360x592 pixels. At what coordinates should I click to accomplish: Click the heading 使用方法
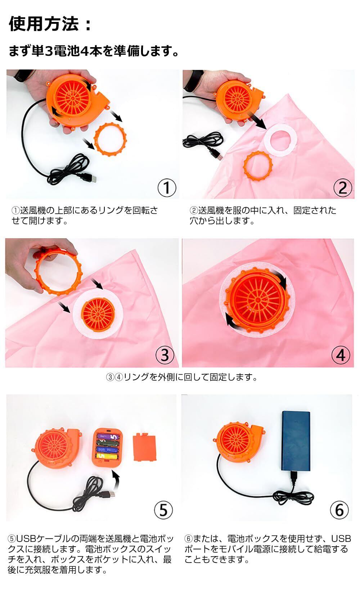[44, 24]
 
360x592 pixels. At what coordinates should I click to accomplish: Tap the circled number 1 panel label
[167, 187]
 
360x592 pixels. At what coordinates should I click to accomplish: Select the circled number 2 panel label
[343, 187]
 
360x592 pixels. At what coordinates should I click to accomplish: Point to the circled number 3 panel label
[165, 355]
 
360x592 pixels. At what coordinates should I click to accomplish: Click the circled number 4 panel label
[341, 355]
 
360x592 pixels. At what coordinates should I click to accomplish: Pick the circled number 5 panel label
[163, 510]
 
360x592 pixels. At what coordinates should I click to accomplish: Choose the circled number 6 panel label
[339, 510]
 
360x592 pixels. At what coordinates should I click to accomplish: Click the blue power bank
[296, 441]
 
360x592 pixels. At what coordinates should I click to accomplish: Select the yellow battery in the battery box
[107, 456]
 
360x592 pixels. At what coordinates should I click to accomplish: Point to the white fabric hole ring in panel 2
[281, 140]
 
